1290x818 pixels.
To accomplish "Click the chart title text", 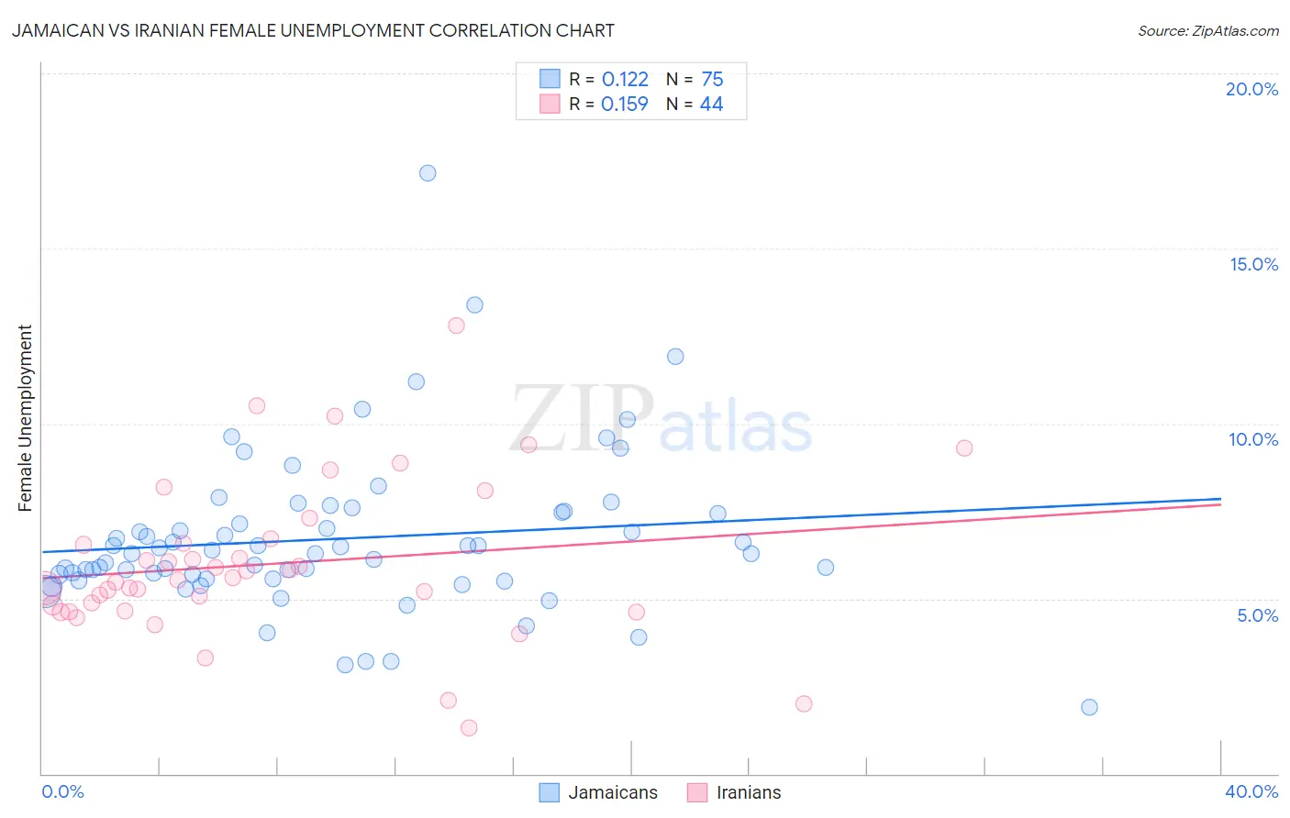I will click(x=313, y=30).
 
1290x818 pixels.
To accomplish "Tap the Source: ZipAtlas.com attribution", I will click(x=1207, y=30).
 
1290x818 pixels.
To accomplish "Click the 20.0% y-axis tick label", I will click(x=1251, y=89).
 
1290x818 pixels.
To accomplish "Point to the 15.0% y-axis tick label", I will click(x=1253, y=264).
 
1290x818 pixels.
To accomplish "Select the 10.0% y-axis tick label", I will click(x=1253, y=439).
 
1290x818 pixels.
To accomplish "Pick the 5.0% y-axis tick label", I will click(x=1257, y=615).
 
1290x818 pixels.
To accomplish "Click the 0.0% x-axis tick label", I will click(x=62, y=791).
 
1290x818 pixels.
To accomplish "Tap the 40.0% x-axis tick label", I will click(x=1251, y=791).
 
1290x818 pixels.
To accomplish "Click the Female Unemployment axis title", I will click(x=25, y=418).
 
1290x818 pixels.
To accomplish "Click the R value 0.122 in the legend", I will click(x=625, y=80).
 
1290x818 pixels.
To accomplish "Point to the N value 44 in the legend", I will click(x=711, y=105).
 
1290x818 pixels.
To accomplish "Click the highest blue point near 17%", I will click(x=428, y=173).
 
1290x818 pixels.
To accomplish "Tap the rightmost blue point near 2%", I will click(x=1089, y=707).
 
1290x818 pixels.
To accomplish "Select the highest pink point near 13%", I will click(x=456, y=326).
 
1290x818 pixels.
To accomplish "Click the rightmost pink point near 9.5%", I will click(x=963, y=448).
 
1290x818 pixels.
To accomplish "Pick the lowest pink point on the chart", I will click(x=469, y=728).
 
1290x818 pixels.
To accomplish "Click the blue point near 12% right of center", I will click(x=675, y=357).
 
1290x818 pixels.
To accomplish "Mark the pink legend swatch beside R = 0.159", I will click(x=550, y=104).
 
